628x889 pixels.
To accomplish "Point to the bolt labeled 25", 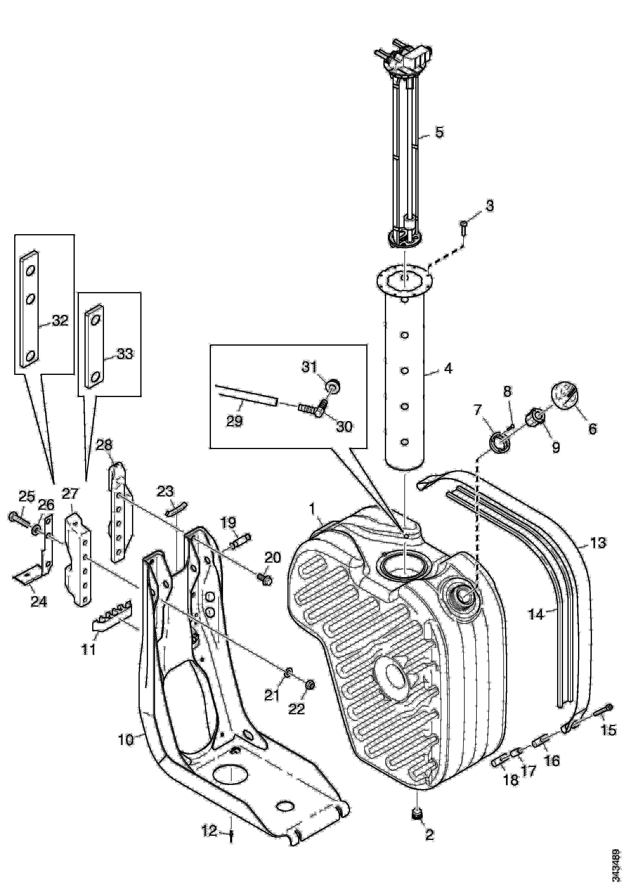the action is [x=18, y=519].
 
